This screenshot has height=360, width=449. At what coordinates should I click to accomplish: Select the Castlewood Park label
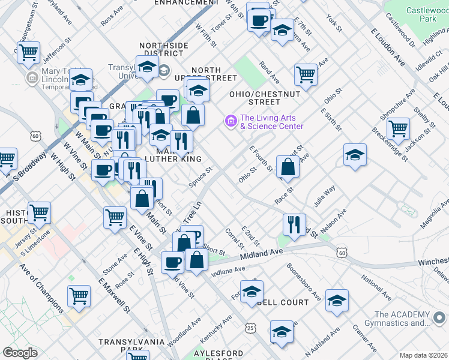coord(428,15)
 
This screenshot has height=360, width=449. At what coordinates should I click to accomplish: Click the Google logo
coord(20,353)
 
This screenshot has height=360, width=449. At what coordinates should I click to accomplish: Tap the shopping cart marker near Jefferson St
coord(28,53)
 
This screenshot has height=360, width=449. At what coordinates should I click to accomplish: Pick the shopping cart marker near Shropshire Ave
coord(398,128)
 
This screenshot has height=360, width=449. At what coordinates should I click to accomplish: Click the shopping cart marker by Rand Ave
coord(306,74)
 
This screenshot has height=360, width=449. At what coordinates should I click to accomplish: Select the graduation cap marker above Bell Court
coord(252,292)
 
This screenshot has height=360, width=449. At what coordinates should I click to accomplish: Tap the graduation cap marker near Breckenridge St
coord(355,155)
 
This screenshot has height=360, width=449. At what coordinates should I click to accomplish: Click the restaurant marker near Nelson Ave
coord(294,224)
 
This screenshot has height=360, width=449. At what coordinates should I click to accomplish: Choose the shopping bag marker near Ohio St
coord(288,167)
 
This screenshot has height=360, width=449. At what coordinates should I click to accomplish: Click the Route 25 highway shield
coord(250,328)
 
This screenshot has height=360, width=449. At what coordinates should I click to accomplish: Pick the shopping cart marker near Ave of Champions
coord(79,296)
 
